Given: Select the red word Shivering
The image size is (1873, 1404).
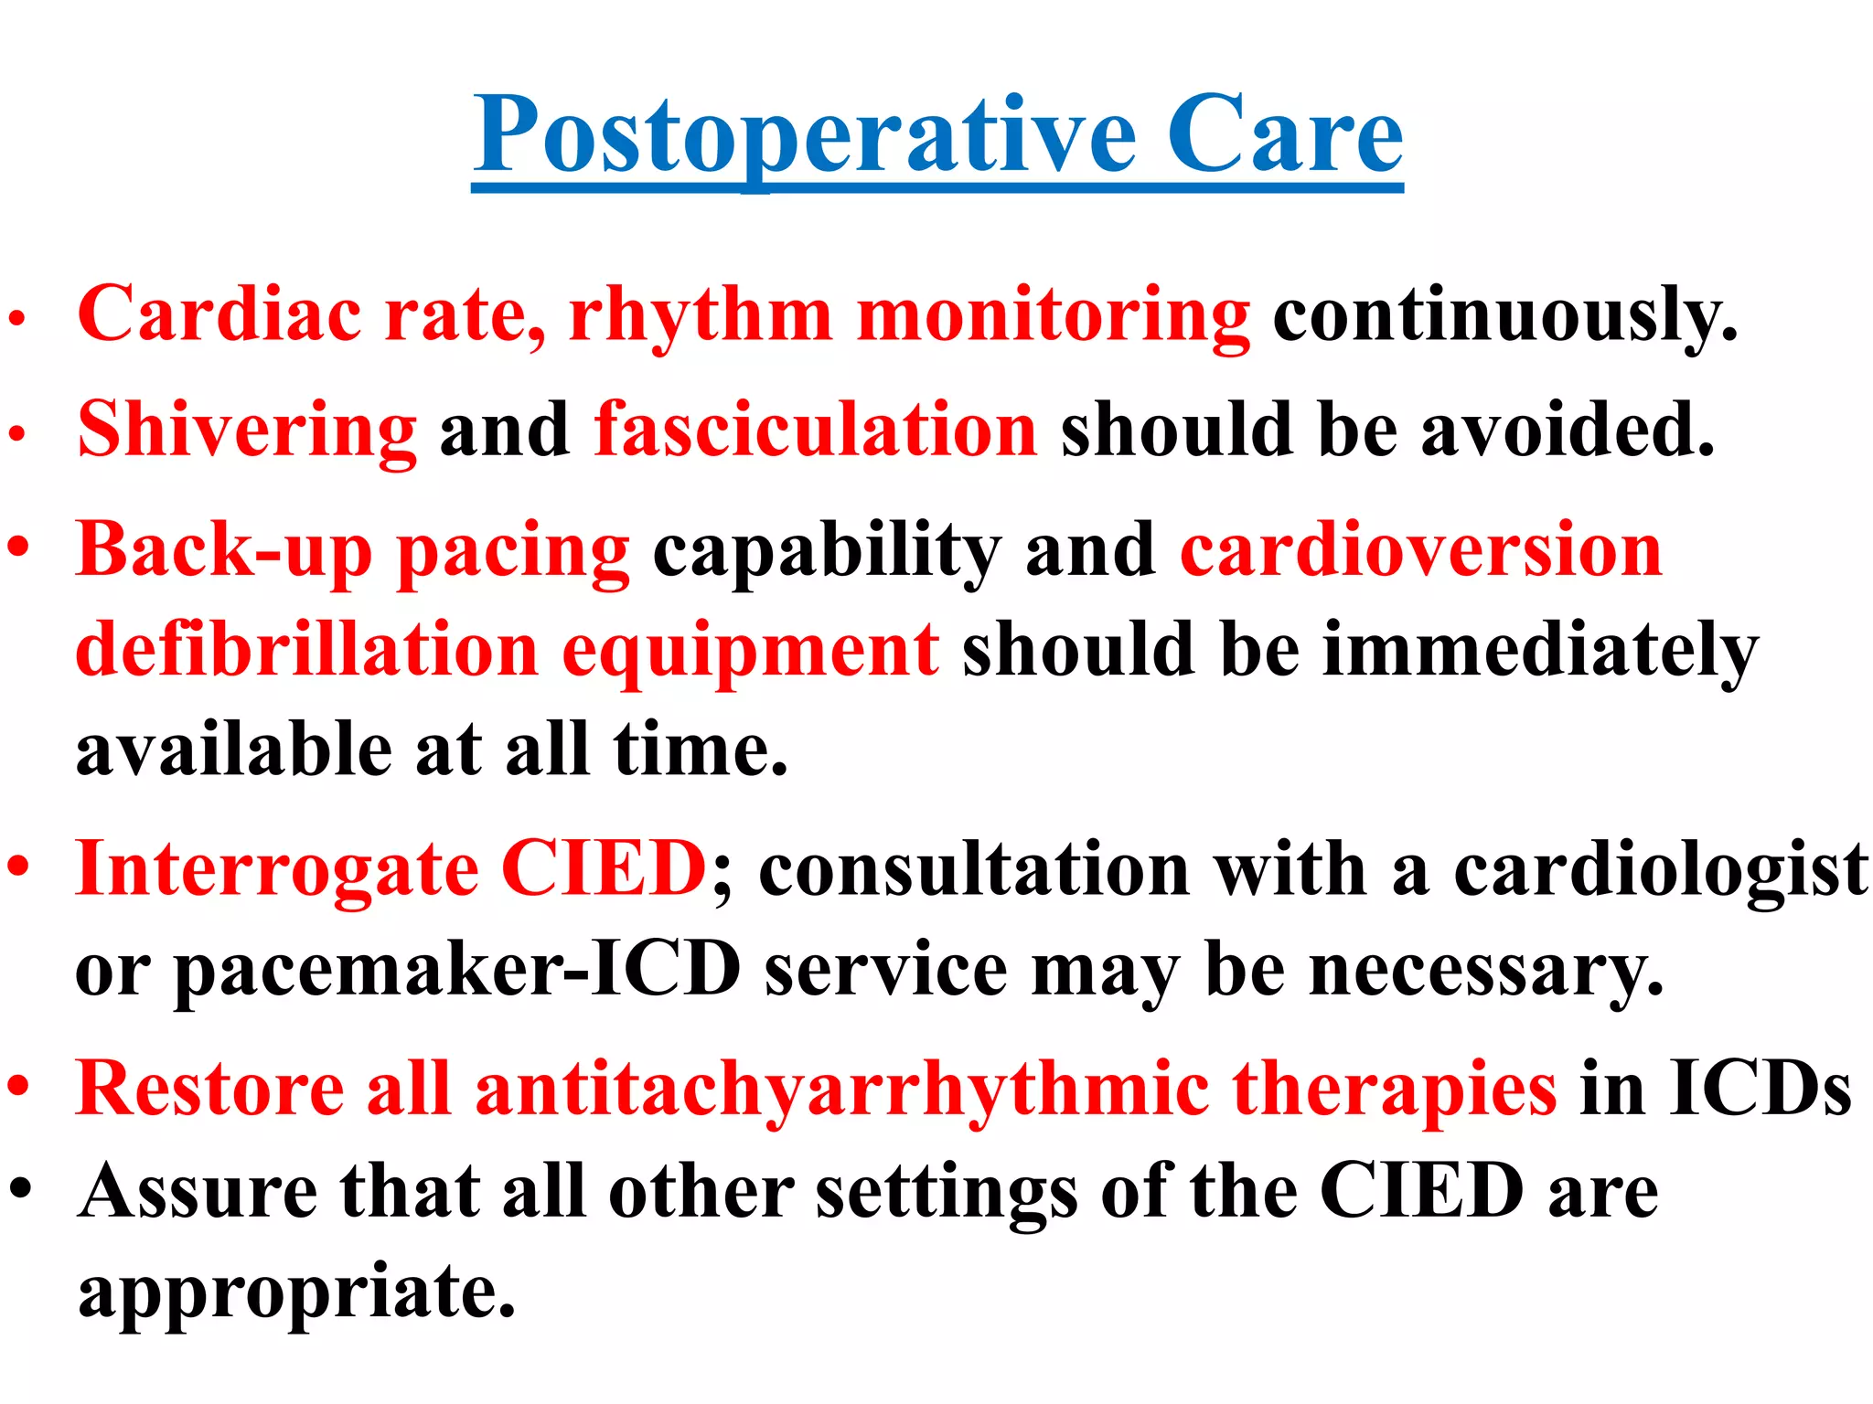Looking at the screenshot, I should [247, 430].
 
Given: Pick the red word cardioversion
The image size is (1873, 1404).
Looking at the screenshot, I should [1421, 550].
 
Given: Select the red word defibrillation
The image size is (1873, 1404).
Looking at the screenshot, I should [307, 650].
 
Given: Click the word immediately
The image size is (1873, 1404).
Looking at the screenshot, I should [1540, 650].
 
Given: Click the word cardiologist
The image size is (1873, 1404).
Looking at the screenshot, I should [1661, 868].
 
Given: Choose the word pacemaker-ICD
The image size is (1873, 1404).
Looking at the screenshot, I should [457, 970].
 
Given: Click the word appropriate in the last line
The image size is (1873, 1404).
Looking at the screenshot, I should [297, 1293].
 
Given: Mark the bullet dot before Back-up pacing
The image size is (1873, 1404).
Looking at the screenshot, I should [19, 548].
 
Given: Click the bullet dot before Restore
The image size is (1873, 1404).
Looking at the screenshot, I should [19, 1088].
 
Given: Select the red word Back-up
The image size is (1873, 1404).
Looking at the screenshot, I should [224, 550].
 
